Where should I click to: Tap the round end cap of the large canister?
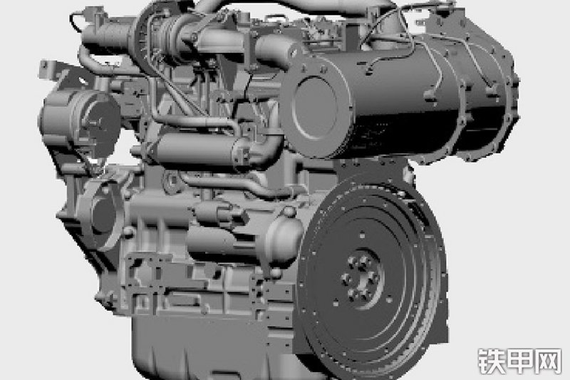[315, 106]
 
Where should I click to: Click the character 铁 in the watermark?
[491, 361]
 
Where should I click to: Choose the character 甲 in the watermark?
[520, 361]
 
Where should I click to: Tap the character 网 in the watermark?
[548, 361]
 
